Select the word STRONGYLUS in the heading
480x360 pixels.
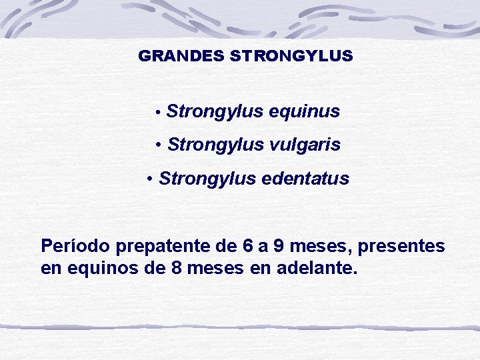[x=291, y=57]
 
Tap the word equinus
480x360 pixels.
[x=305, y=111]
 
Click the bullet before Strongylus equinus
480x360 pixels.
[x=157, y=113]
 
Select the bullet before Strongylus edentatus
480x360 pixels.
[x=151, y=179]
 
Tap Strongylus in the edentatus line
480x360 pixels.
[x=207, y=179]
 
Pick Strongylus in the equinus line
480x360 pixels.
[x=215, y=111]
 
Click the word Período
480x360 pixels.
[x=75, y=247]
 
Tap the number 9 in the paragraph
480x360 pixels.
[x=278, y=247]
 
